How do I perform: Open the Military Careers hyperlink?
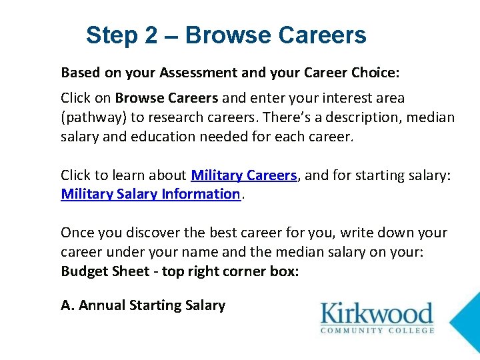click(243, 175)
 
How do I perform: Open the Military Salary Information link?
click(150, 194)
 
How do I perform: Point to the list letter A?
click(66, 305)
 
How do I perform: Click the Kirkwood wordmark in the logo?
click(377, 313)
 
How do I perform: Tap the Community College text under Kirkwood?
click(377, 330)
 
